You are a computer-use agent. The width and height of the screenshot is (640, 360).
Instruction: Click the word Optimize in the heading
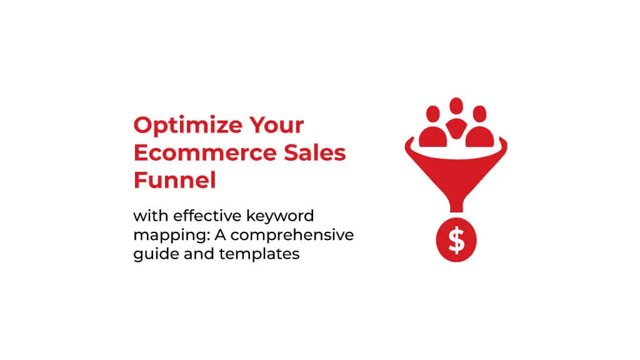188,125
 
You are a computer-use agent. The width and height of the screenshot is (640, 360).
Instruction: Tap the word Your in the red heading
277,124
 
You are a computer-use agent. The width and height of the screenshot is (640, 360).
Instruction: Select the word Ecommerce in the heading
205,152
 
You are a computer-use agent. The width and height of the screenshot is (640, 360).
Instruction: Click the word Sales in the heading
315,152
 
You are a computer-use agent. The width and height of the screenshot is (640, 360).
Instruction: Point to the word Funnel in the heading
175,180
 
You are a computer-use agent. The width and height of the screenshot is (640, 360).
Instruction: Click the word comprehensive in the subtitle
292,236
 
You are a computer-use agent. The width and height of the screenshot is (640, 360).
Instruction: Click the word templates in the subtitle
259,255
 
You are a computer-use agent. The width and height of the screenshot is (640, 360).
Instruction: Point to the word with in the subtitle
150,216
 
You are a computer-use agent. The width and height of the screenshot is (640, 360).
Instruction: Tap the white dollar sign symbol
456,239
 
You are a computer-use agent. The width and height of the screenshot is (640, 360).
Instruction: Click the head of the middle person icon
456,106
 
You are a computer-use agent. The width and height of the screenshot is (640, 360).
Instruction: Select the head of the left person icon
433,114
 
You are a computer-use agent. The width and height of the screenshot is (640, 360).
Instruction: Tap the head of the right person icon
479,114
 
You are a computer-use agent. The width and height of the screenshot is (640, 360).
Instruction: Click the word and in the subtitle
198,254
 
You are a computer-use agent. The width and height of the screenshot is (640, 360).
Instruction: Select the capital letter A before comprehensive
220,235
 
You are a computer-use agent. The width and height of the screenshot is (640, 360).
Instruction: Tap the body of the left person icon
433,137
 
